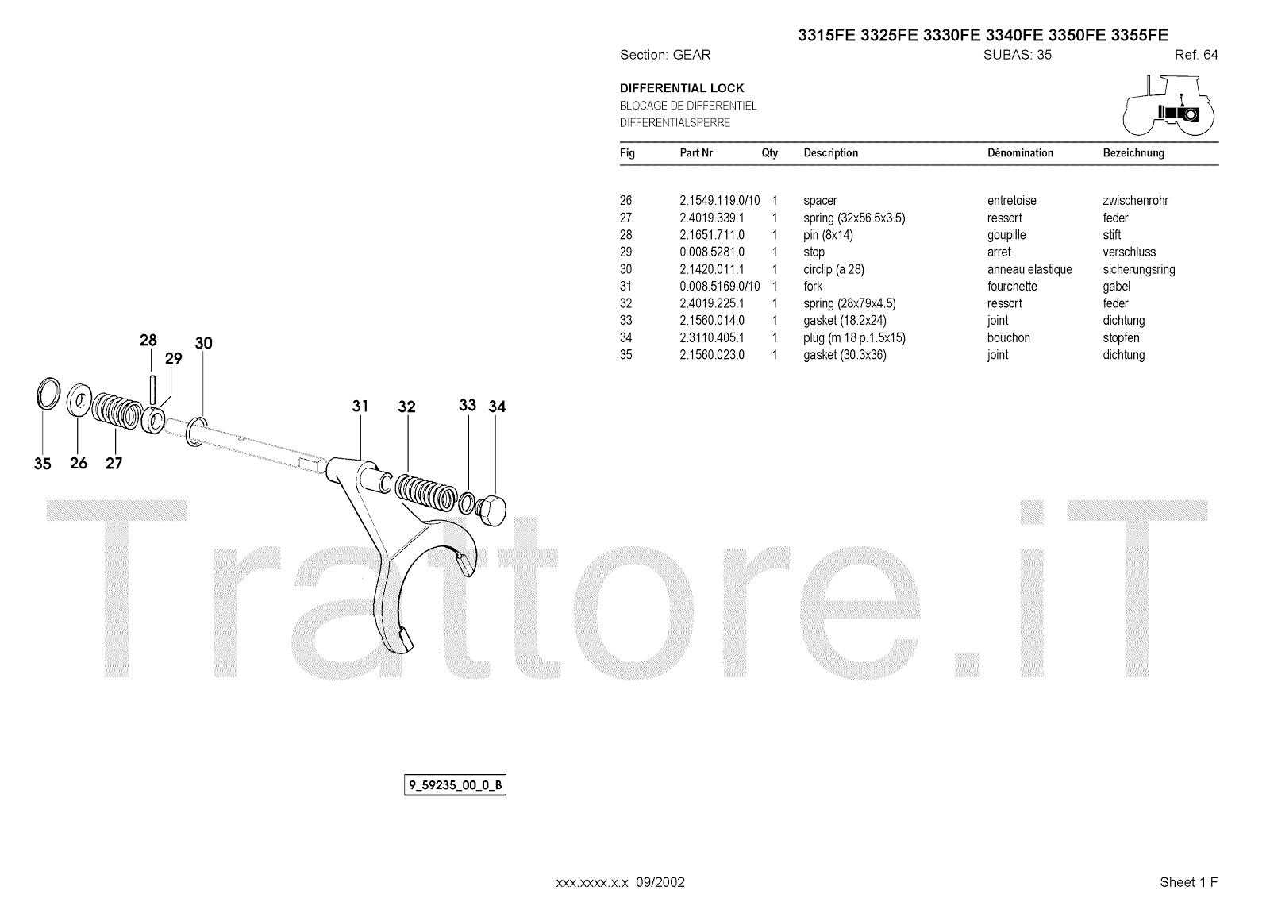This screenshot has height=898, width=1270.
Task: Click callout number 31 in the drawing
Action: (360, 407)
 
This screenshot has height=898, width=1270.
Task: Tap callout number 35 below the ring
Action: (42, 464)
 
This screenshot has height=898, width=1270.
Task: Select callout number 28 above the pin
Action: (148, 341)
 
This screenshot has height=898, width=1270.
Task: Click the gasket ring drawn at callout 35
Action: (48, 392)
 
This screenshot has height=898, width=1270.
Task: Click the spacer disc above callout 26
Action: (79, 399)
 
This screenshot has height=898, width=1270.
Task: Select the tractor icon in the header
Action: (1169, 105)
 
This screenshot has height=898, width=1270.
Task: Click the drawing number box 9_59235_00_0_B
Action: (455, 786)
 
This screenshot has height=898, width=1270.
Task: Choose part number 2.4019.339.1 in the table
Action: (711, 218)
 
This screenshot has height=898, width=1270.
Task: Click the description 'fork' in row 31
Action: (813, 286)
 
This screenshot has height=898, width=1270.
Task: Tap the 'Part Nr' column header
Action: (696, 152)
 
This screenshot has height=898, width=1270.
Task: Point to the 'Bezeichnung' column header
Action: (1133, 152)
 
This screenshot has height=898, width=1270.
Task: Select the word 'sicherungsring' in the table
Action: (1138, 269)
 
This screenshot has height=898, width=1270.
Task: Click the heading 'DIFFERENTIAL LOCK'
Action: (682, 88)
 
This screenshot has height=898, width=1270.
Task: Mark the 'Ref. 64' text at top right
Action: (1195, 55)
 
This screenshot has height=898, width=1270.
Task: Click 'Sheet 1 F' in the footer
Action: (1188, 882)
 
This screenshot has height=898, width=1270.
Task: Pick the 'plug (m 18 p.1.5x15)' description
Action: (854, 337)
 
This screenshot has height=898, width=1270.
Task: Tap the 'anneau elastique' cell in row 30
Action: (1029, 269)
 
